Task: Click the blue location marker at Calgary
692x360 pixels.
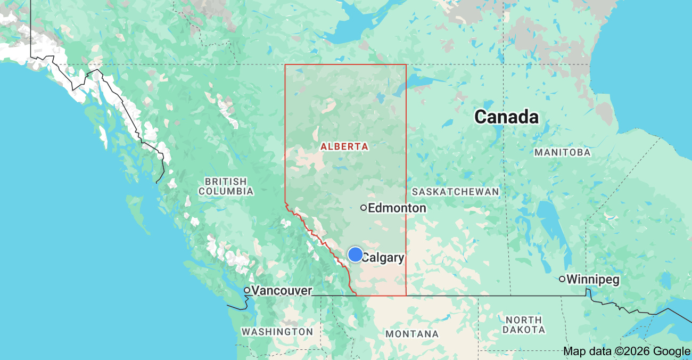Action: (356, 255)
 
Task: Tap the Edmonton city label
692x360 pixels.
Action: (397, 208)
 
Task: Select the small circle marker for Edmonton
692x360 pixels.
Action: (364, 208)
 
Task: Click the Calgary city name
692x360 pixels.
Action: (383, 258)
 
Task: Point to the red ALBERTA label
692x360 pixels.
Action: (344, 146)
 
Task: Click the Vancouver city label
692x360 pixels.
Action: (282, 290)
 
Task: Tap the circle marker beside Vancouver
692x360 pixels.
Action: (247, 290)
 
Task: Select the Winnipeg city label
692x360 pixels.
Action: (593, 279)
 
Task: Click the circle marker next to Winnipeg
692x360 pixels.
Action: (562, 279)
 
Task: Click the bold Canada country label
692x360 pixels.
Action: (506, 117)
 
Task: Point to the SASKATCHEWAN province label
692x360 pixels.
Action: (456, 191)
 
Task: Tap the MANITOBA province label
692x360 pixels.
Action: (563, 152)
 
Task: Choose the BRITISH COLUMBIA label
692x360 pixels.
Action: (226, 186)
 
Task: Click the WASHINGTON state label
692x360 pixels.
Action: (277, 332)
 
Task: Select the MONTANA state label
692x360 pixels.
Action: (413, 334)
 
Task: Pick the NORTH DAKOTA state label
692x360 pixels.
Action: (524, 325)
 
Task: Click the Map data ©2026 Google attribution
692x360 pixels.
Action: (626, 351)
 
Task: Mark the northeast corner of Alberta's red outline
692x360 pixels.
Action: (406, 64)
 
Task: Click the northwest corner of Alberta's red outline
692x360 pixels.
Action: (285, 64)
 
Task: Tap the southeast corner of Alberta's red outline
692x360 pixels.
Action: (406, 295)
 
